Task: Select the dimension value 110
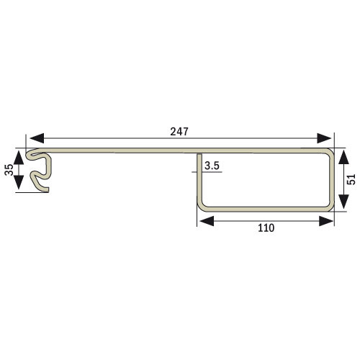[266, 228]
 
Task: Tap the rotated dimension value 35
[9, 171]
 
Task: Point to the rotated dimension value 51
[351, 180]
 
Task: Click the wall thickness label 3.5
[212, 167]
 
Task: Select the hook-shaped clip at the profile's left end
[39, 170]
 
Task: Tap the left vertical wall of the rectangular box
[198, 184]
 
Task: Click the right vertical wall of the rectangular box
[332, 180]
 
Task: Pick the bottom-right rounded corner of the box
[330, 207]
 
